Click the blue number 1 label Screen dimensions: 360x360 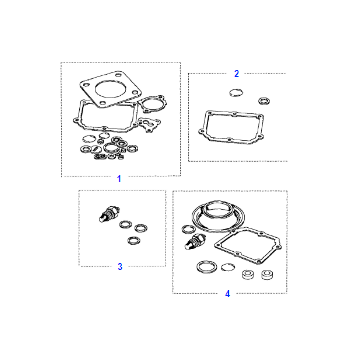pos(119,179)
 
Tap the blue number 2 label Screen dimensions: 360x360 pos(236,74)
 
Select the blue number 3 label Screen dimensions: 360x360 pos(120,267)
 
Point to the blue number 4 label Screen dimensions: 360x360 pos(227,294)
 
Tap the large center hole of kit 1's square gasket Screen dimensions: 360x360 pos(110,88)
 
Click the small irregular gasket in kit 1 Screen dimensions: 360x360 pos(150,124)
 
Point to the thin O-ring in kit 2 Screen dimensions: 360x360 pos(236,92)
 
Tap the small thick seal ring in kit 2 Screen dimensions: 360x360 pos(264,100)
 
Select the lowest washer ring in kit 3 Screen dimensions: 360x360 pos(134,240)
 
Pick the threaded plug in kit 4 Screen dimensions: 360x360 pos(195,242)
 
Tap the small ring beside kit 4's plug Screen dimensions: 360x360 pos(188,229)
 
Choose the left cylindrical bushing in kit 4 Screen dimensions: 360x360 pos(248,274)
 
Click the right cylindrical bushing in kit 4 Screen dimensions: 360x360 pos(267,274)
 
